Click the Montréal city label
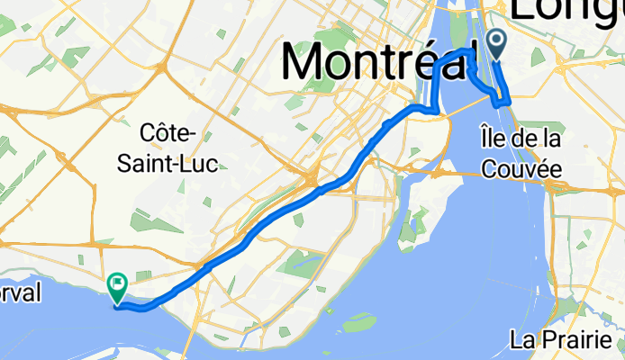pyautogui.click(x=378, y=61)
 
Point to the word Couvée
pyautogui.click(x=522, y=167)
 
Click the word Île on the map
pyautogui.click(x=492, y=139)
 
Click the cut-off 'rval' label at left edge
pyautogui.click(x=20, y=294)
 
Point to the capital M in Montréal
pyautogui.click(x=308, y=61)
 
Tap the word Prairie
pyautogui.click(x=581, y=340)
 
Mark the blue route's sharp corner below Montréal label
pyautogui.click(x=438, y=111)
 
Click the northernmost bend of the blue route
pyautogui.click(x=470, y=49)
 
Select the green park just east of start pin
pyautogui.click(x=539, y=56)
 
